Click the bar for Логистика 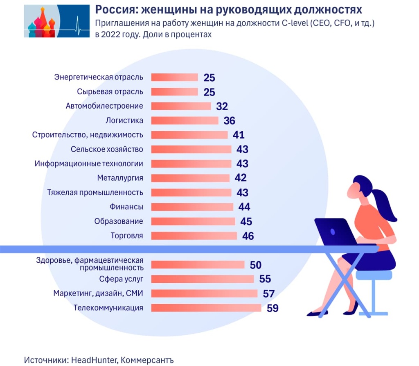tap(185, 120)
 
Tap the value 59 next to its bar tap(273, 308)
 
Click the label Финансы tap(126, 207)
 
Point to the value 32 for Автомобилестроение tap(222, 106)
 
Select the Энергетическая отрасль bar tap(174, 77)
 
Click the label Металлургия tap(120, 178)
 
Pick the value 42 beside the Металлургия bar tap(241, 178)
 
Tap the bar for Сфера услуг tap(202, 279)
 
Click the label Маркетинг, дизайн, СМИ tap(98, 293)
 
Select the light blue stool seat tap(373, 275)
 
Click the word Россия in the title tap(112, 9)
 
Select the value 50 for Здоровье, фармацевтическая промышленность tap(255, 265)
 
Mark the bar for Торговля tap(194, 236)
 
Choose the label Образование tap(119, 221)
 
